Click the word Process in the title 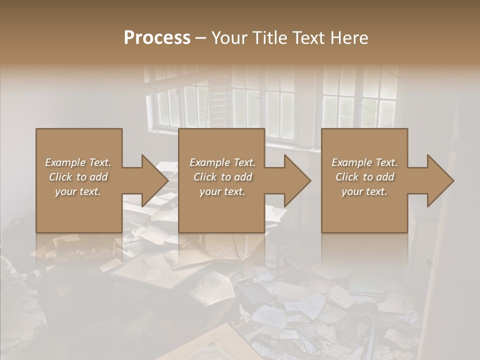click(x=157, y=38)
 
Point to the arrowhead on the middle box click(x=294, y=180)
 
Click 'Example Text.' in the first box click(x=78, y=162)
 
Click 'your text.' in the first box click(x=78, y=191)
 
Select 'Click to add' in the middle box click(x=222, y=177)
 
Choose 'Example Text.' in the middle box click(x=222, y=162)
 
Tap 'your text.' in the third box click(x=364, y=191)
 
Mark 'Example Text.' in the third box click(x=364, y=162)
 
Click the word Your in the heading click(x=229, y=38)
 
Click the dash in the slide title click(x=201, y=38)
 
